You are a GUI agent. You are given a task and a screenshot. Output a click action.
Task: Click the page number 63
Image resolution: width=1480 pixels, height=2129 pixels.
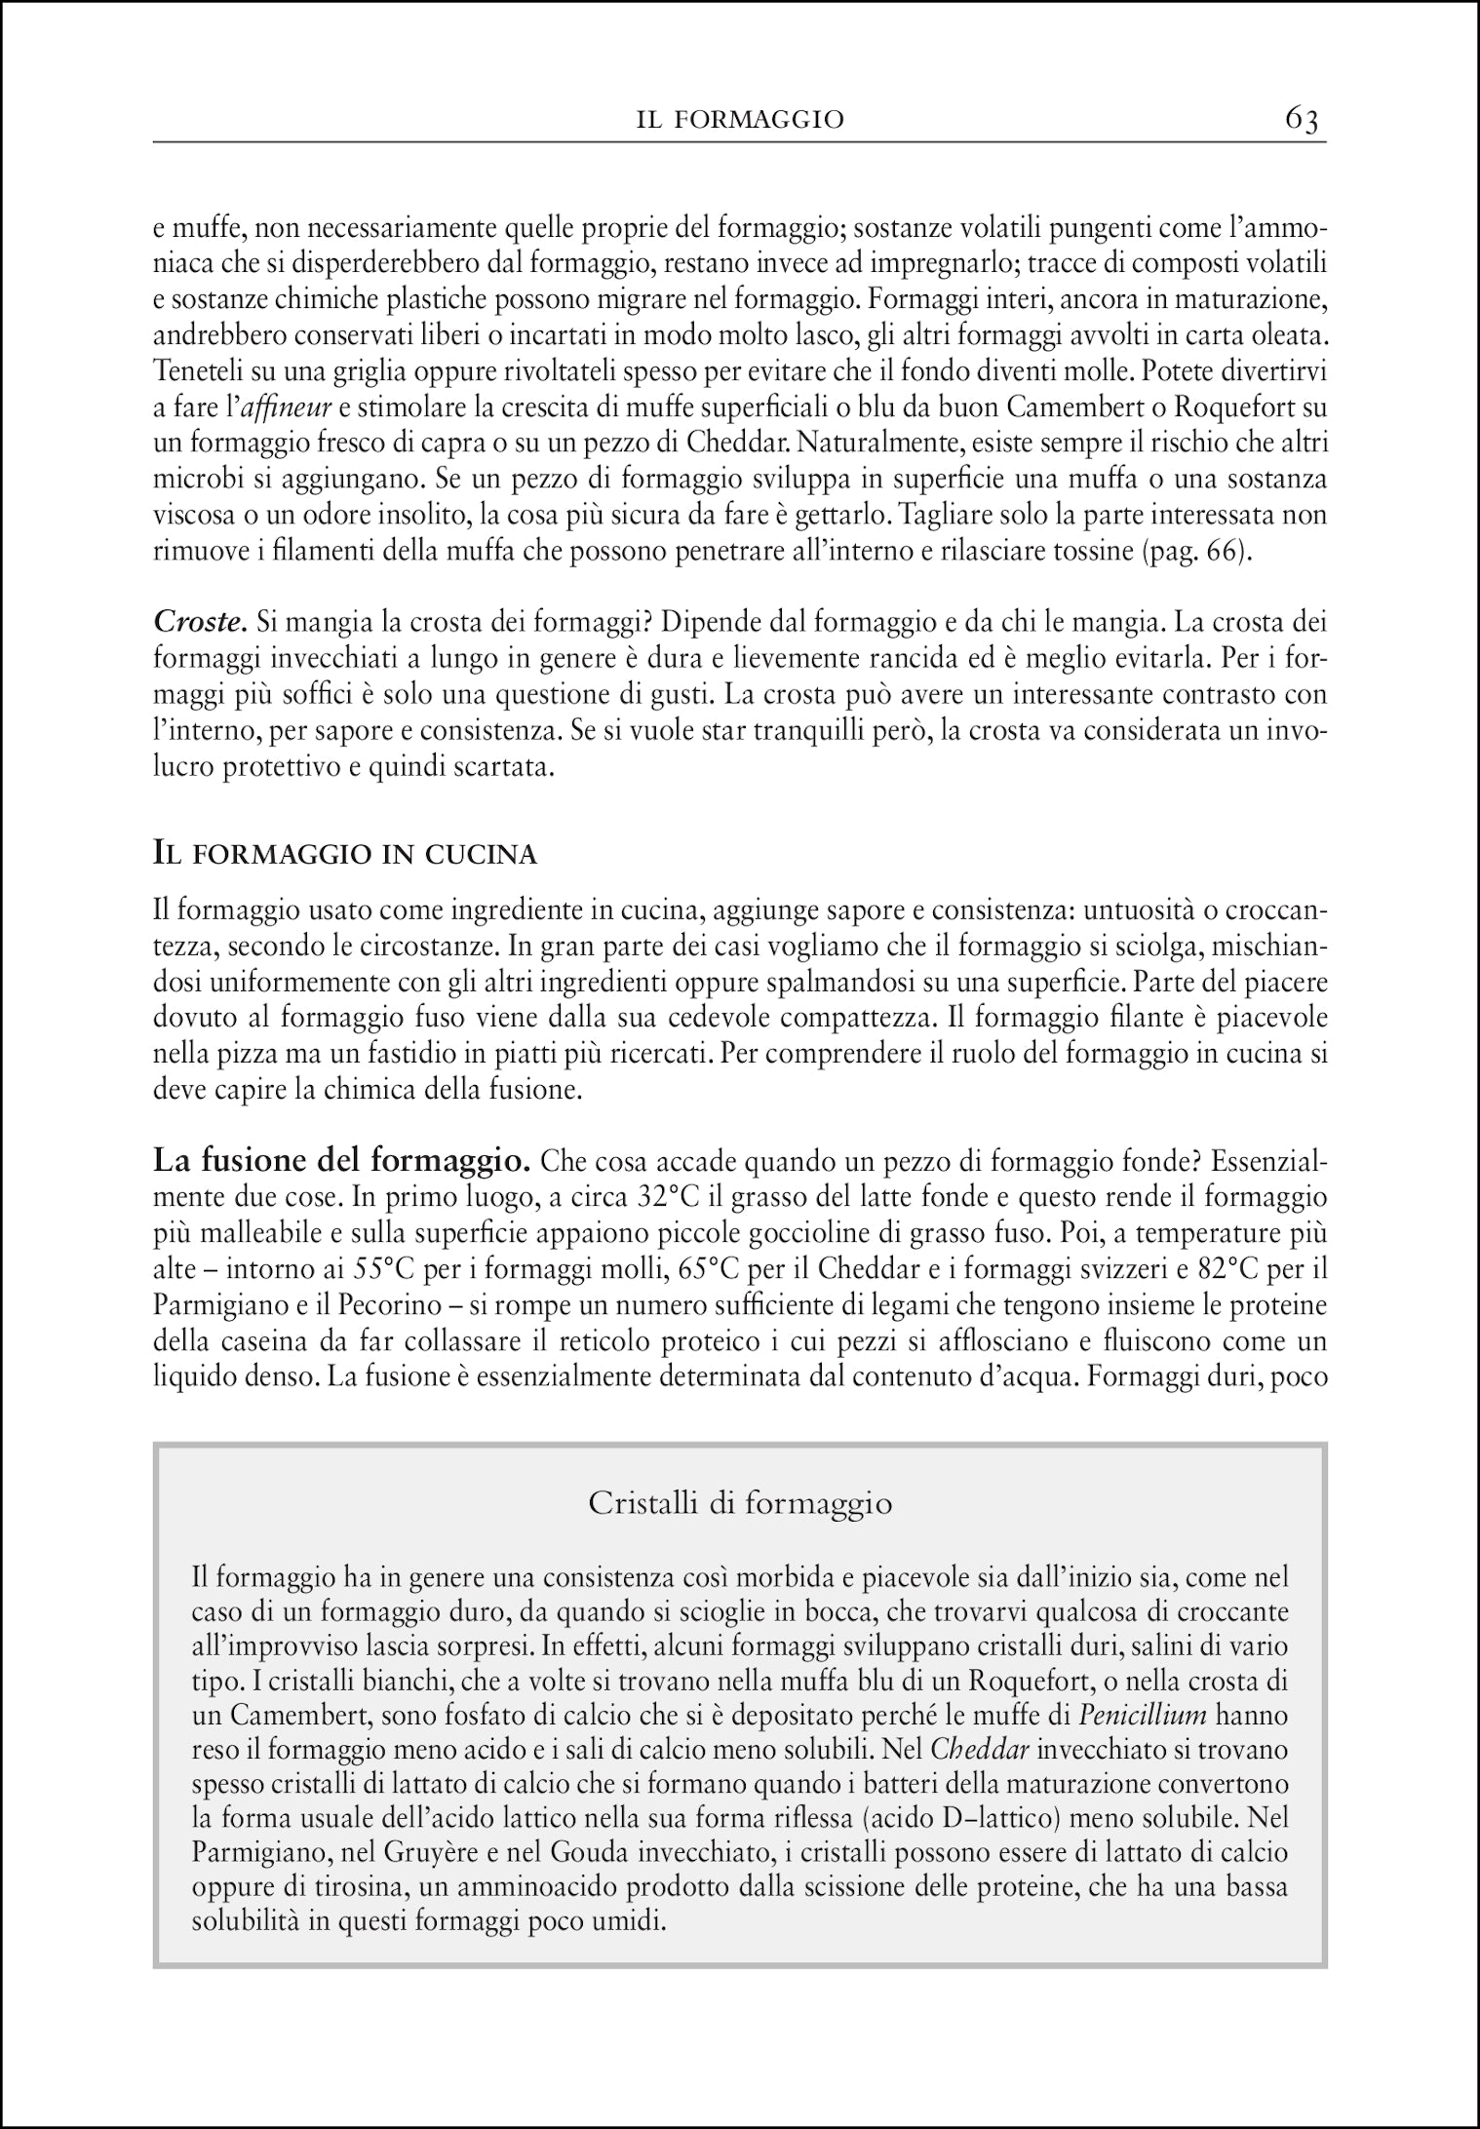[1302, 119]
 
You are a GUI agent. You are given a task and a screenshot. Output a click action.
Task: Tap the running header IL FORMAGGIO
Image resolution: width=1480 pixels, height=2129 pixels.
[739, 120]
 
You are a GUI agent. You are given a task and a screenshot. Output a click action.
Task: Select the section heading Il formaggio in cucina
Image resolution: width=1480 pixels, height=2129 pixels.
[346, 855]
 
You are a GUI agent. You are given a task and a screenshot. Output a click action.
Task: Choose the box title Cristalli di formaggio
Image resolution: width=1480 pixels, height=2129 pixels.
[740, 1504]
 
